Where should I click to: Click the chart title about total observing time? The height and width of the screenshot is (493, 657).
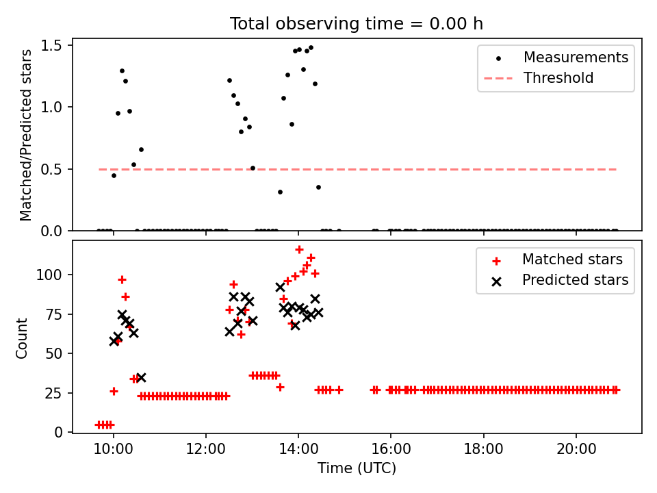pos(357,23)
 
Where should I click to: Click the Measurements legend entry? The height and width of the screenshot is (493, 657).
pos(576,58)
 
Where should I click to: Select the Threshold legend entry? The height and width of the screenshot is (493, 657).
pos(558,78)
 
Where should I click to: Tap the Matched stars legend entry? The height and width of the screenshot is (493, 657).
pos(572,260)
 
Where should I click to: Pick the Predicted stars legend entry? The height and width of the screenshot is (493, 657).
pos(575,280)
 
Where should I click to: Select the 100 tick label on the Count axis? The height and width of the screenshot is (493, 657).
pos(52,275)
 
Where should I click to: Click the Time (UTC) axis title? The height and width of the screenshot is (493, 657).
pos(357,469)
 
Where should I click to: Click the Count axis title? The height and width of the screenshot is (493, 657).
pos(23,338)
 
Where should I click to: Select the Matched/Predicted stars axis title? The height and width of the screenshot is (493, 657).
pos(26,135)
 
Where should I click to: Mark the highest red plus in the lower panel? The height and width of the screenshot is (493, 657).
pos(299,249)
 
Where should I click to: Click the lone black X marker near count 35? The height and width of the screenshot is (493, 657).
pos(141,377)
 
